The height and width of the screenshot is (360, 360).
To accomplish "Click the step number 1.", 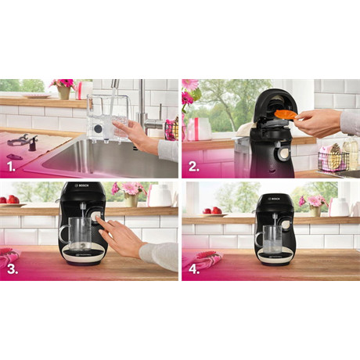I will point(12,165).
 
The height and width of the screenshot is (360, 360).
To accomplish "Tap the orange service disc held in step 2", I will point(286,116).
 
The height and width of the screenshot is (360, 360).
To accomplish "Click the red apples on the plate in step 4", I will point(211,210).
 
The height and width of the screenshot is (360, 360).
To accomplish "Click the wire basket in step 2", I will point(333,160).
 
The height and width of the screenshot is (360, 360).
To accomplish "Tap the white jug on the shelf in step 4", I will point(339,207).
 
